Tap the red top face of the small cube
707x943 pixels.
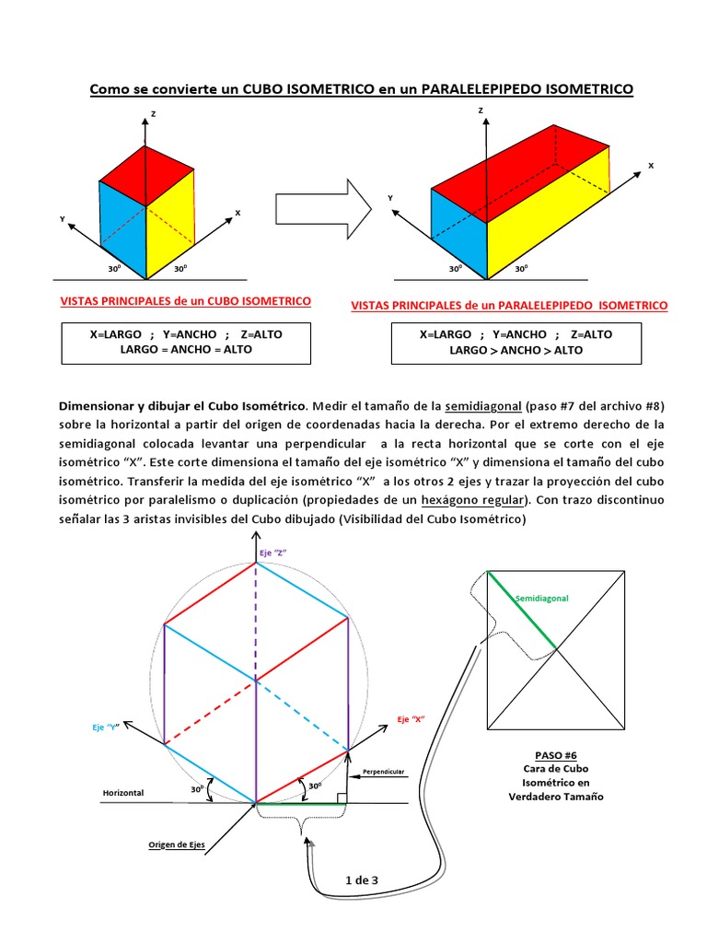click(x=145, y=175)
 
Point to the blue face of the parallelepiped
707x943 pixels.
click(x=458, y=235)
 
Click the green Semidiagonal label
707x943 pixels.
click(x=542, y=599)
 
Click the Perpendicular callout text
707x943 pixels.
click(x=384, y=771)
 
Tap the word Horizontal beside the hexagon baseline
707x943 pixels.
click(x=124, y=792)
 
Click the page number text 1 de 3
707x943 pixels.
click(x=362, y=880)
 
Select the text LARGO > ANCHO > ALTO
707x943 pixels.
click(x=516, y=350)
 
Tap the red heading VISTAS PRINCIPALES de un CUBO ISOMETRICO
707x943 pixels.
click(x=185, y=301)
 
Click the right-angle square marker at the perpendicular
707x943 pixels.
click(x=342, y=797)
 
